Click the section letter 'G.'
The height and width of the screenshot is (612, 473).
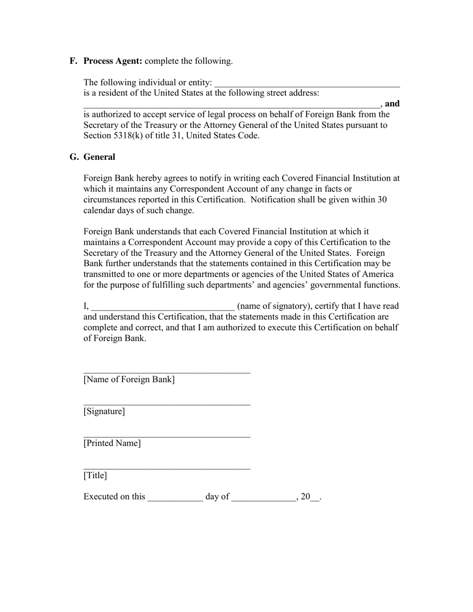coord(74,157)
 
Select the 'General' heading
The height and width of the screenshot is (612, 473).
coord(99,157)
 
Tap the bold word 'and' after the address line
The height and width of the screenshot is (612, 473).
coord(392,104)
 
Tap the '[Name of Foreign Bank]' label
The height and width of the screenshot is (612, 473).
coord(129,380)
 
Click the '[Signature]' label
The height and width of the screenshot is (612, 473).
coord(104,411)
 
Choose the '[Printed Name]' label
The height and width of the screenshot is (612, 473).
coord(112,443)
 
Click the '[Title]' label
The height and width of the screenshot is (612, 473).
coord(95,476)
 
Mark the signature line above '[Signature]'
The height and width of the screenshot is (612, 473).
coord(166,405)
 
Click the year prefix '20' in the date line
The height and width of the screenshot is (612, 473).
coord(306,497)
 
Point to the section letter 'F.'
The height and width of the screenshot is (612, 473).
coord(74,61)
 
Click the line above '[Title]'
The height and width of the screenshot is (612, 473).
coord(166,468)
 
